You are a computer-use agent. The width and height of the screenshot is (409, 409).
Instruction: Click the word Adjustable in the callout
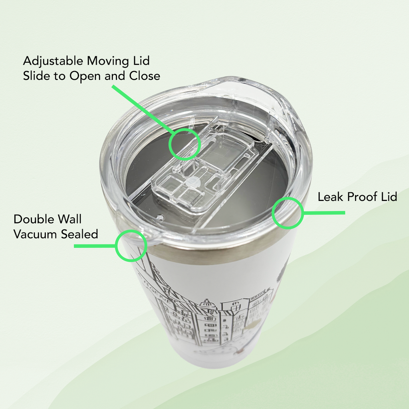53,61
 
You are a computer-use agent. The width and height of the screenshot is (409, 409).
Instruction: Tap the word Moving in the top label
108,61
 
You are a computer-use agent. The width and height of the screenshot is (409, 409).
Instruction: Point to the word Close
145,76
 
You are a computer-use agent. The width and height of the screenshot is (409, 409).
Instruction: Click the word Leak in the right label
329,197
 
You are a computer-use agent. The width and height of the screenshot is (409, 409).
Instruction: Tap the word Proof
361,197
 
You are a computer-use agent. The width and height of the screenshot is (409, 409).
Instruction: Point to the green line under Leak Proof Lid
324,213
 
